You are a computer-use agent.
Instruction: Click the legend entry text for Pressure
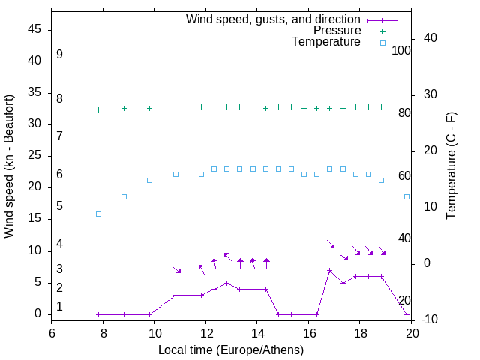point(337,31)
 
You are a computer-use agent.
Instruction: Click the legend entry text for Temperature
point(326,42)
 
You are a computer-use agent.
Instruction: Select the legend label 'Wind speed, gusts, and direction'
point(273,19)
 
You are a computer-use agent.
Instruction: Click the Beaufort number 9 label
point(59,55)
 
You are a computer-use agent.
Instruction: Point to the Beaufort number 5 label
point(59,205)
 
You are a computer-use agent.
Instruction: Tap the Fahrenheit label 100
point(401,51)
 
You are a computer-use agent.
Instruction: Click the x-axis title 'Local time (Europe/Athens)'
point(232,349)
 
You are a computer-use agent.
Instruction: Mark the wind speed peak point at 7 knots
point(329,270)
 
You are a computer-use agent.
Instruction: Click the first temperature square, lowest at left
point(98,214)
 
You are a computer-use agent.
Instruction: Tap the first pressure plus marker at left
point(98,110)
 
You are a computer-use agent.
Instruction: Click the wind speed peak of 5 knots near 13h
point(226,283)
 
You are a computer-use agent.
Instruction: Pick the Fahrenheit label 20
point(404,300)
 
